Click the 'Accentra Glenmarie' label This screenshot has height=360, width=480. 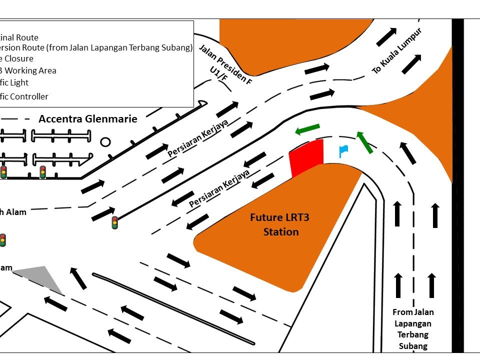[87, 119]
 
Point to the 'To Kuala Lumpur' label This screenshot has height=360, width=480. [397, 51]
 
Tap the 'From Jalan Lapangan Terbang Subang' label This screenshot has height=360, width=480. [413, 328]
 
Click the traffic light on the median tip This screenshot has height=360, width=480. [114, 222]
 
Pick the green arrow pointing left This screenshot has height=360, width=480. [307, 129]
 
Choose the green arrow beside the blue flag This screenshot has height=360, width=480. [364, 141]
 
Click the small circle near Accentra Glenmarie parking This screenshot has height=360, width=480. [105, 142]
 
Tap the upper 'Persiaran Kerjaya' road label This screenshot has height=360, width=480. [198, 138]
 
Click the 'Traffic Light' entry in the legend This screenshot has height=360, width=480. [15, 82]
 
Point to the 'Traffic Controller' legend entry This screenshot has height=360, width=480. [25, 96]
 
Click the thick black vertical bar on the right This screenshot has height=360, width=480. [457, 185]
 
